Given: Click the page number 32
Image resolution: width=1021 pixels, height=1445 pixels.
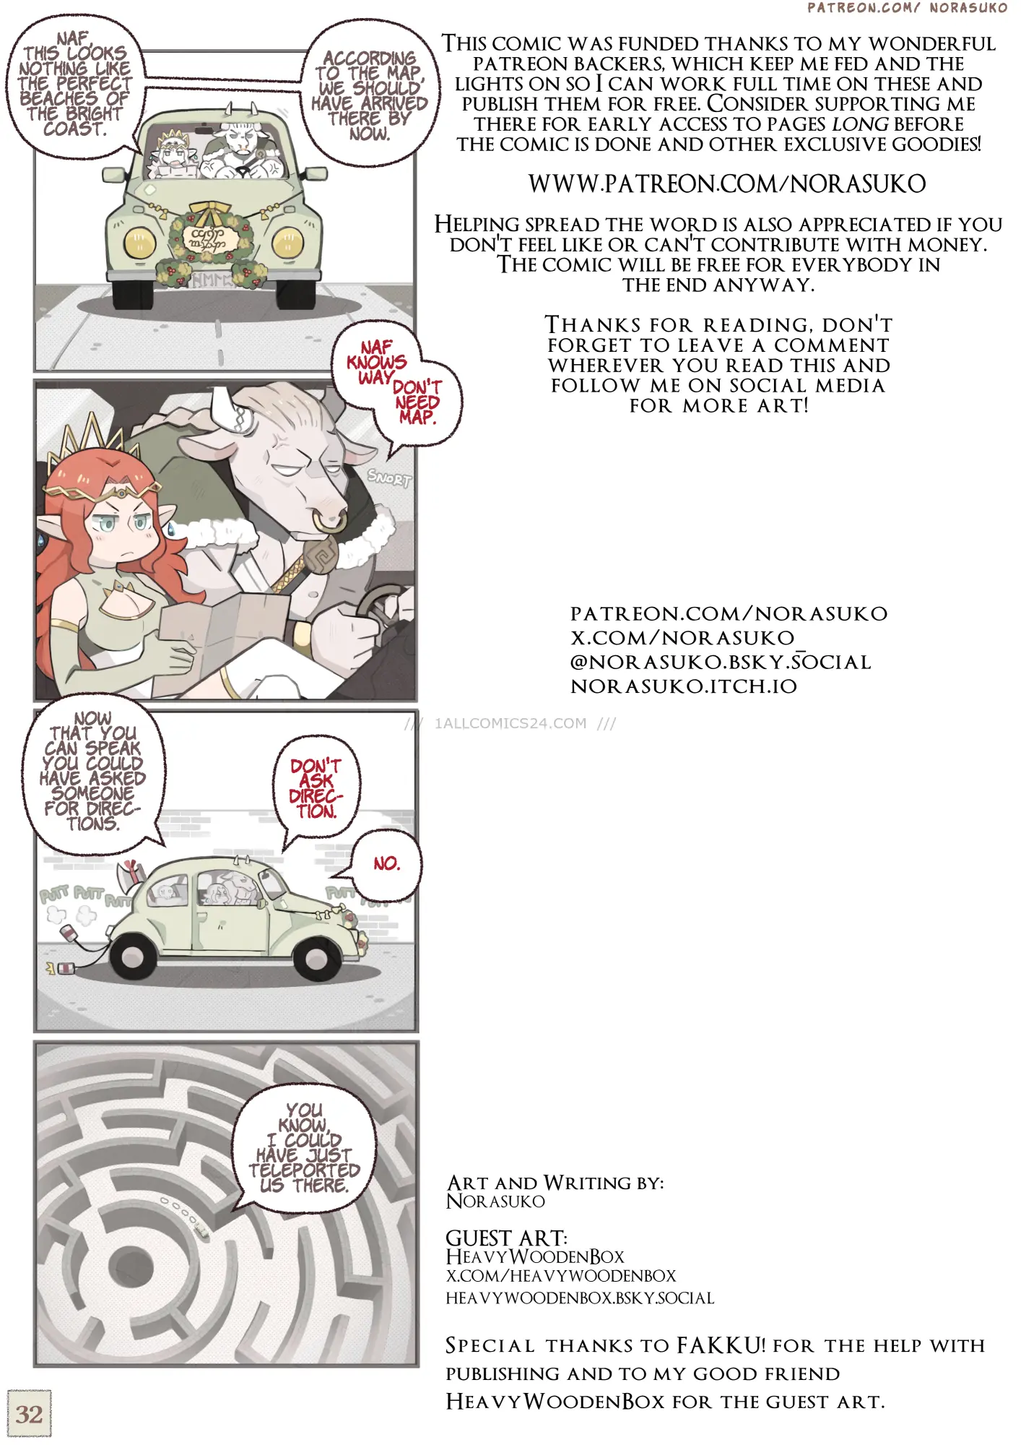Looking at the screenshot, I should (x=29, y=1414).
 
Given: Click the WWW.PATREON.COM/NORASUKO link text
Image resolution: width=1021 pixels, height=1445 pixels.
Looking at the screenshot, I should (x=726, y=184).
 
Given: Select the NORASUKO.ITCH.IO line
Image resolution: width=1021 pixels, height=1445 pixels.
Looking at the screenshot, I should (x=683, y=686).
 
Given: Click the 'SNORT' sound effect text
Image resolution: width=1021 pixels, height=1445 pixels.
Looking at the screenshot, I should (x=388, y=478).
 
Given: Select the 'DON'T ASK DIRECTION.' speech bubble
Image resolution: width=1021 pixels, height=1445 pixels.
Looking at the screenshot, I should (x=316, y=788).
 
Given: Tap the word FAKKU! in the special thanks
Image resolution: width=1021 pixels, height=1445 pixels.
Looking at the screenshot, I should (x=721, y=1345).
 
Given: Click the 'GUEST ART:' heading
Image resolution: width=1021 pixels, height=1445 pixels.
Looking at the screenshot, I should (x=506, y=1238).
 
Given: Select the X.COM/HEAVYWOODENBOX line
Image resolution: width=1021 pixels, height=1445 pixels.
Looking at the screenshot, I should (x=561, y=1276).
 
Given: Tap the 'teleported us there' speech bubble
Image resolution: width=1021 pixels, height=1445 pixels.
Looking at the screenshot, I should (x=305, y=1148).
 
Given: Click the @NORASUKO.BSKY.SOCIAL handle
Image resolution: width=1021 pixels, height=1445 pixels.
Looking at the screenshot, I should (x=721, y=662).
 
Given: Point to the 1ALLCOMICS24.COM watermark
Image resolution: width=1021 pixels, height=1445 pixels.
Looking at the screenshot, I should (x=510, y=723).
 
